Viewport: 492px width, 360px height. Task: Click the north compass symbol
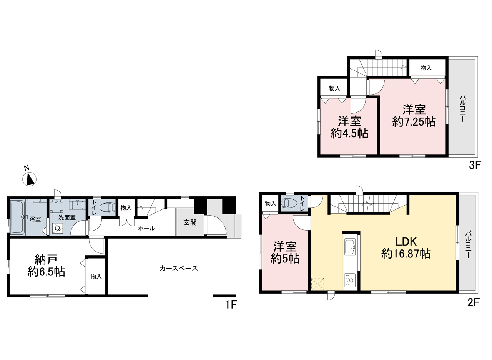30,179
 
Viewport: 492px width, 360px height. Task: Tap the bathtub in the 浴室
17,217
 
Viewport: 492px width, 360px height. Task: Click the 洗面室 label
67,217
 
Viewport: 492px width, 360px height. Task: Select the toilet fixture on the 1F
107,207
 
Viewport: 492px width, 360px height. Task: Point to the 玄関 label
190,222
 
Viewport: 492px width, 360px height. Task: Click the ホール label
146,228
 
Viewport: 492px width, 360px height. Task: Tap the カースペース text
179,268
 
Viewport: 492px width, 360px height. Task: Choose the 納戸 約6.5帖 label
46,265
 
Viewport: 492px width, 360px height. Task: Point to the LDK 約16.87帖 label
406,248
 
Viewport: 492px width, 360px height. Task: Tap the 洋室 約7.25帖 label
414,116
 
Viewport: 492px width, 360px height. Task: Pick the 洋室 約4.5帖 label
350,127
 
